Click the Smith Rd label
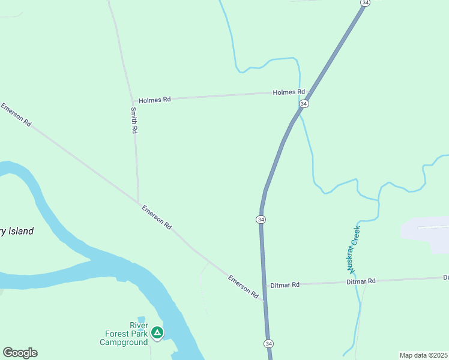[x=134, y=120]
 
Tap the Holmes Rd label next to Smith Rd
[x=154, y=100]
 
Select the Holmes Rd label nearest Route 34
[x=289, y=92]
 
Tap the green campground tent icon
[x=157, y=332]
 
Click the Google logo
[x=20, y=353]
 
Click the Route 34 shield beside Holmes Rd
[x=304, y=104]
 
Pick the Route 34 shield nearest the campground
[x=269, y=344]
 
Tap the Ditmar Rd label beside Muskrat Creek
[x=361, y=281]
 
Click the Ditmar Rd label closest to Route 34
[x=285, y=285]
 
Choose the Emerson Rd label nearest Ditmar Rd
[x=243, y=287]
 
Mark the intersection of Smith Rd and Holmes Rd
[x=133, y=100]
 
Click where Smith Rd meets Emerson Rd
[x=139, y=202]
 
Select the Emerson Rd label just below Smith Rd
[x=157, y=217]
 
